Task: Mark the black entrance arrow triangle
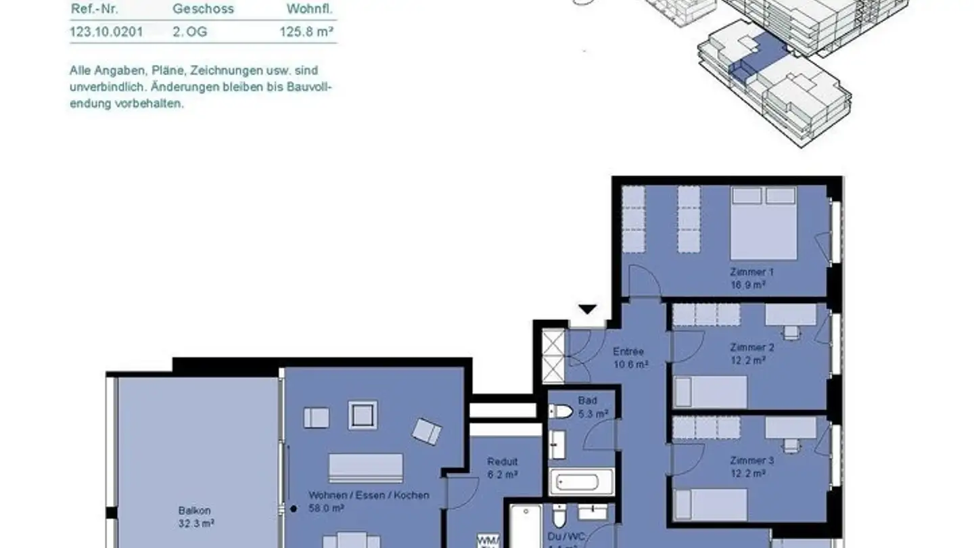click(587, 309)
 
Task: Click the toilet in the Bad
click(561, 411)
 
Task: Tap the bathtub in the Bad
click(581, 482)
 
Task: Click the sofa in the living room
click(365, 467)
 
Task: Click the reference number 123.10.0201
click(106, 31)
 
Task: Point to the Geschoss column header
click(203, 9)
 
